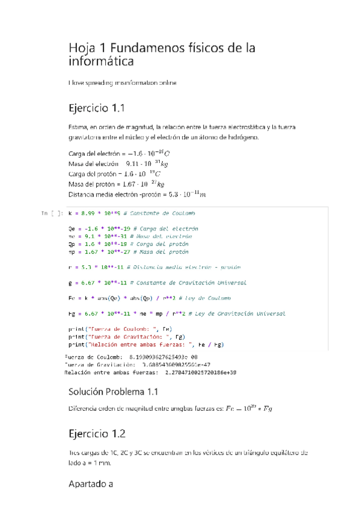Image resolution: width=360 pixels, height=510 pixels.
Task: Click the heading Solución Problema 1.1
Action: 114,392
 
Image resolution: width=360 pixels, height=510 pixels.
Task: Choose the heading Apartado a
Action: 91,483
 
